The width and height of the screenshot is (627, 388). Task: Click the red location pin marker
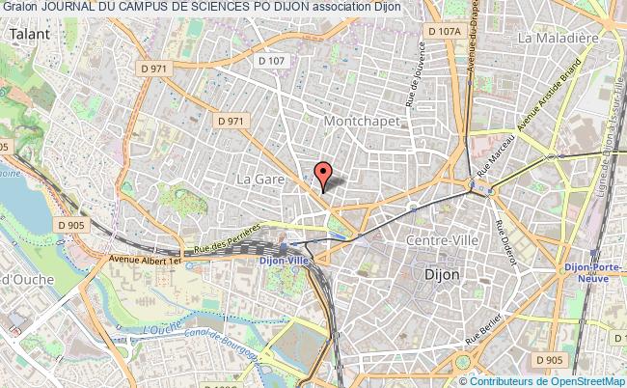pos(323,174)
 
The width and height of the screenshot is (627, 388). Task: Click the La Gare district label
pos(259,180)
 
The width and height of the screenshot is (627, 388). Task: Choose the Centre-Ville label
pos(441,238)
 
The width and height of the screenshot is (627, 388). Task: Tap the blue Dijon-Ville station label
pos(288,259)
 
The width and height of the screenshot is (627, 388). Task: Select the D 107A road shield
pos(443,32)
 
